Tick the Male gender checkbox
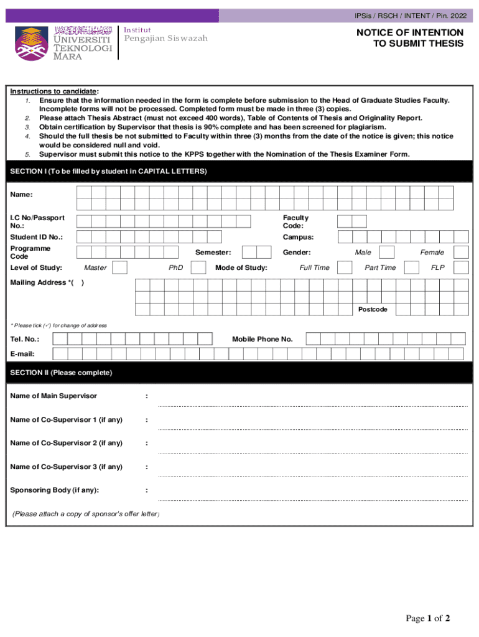pos(386,252)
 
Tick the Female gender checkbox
pos(461,252)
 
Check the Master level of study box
pos(120,267)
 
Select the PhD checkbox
pos(198,267)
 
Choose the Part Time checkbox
pos(411,267)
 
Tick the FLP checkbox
pos(461,267)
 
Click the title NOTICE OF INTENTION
pos(409,32)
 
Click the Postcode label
pos(373,309)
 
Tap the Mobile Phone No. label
pos(262,339)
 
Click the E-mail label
pos(22,354)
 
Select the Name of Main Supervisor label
pos(53,396)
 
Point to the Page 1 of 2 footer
pos(427,618)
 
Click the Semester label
pos(213,252)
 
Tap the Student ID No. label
pos(36,237)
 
